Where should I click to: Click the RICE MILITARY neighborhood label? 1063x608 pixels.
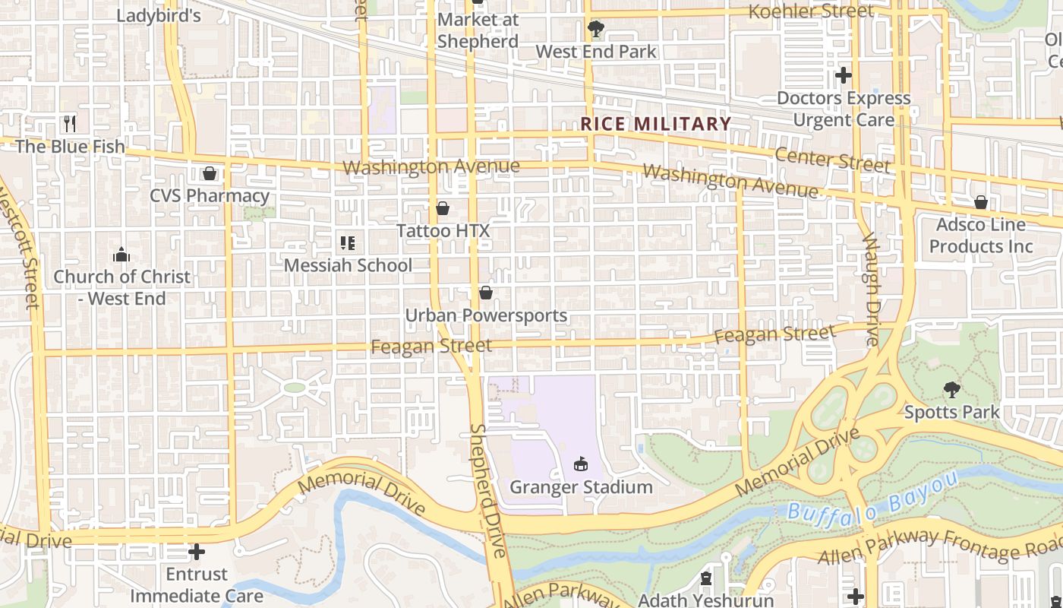(656, 124)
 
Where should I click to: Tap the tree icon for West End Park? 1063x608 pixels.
(596, 29)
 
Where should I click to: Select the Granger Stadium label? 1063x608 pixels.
(581, 487)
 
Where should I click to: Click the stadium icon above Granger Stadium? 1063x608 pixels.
(581, 464)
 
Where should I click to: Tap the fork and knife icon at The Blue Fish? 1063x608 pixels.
(70, 123)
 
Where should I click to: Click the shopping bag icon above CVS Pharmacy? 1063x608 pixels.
(210, 173)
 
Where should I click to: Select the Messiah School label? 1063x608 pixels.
(349, 265)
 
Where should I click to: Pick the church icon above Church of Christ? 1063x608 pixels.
(121, 255)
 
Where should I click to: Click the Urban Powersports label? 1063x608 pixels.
(486, 315)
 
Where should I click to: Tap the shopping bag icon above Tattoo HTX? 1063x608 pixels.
(443, 207)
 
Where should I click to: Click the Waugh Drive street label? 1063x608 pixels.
(871, 289)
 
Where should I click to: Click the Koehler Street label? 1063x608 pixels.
(811, 11)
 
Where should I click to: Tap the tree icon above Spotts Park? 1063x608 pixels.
(952, 390)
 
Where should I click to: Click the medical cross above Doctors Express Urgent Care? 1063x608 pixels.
(844, 75)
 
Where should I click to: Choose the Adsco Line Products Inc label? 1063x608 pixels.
(981, 236)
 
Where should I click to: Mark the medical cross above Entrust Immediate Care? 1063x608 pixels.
(197, 551)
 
